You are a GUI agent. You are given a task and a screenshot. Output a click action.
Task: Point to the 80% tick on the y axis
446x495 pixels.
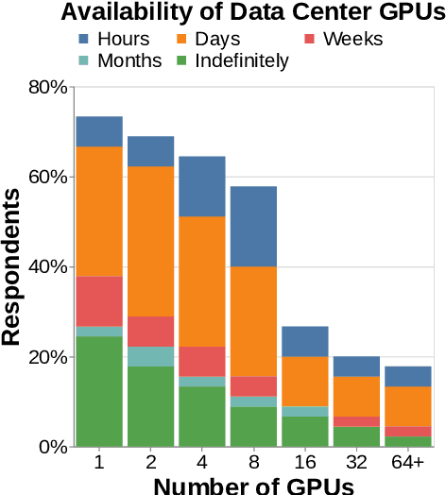(x=46, y=87)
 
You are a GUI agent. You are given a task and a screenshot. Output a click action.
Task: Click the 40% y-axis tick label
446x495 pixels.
(x=46, y=267)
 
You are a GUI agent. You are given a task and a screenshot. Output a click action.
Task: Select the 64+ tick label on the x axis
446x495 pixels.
(x=408, y=463)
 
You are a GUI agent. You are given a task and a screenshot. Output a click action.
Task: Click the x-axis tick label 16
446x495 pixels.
(x=305, y=463)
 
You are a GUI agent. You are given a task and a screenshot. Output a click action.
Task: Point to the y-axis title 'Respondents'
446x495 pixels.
(x=12, y=266)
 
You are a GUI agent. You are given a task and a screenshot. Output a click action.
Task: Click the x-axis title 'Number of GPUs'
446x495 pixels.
(x=253, y=486)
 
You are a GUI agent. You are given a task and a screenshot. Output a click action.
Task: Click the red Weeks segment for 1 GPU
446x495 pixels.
(x=99, y=301)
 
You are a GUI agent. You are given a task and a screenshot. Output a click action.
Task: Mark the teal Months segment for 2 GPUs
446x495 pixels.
(x=151, y=356)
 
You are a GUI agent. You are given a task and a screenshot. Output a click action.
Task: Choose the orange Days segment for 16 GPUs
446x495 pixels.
(x=305, y=381)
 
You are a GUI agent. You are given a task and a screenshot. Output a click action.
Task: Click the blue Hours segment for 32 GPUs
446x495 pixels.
(x=356, y=367)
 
